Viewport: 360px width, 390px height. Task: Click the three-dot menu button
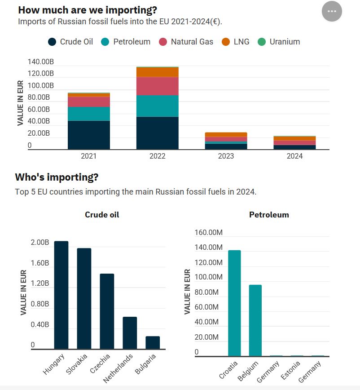(332, 11)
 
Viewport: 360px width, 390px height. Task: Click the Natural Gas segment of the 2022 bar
(157, 86)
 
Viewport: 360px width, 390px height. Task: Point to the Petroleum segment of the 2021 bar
(89, 114)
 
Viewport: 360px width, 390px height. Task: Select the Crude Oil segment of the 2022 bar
(157, 133)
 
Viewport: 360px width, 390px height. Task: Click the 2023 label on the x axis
(226, 156)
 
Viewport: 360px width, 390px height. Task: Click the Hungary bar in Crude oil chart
(61, 295)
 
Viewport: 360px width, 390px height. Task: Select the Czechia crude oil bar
(107, 311)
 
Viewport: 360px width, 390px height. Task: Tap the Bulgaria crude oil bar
(153, 342)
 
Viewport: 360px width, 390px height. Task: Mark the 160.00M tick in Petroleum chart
(209, 232)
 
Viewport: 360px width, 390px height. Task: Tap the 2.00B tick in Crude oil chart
(40, 242)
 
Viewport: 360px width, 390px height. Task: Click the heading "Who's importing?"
(57, 177)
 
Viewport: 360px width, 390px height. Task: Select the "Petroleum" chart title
(269, 215)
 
